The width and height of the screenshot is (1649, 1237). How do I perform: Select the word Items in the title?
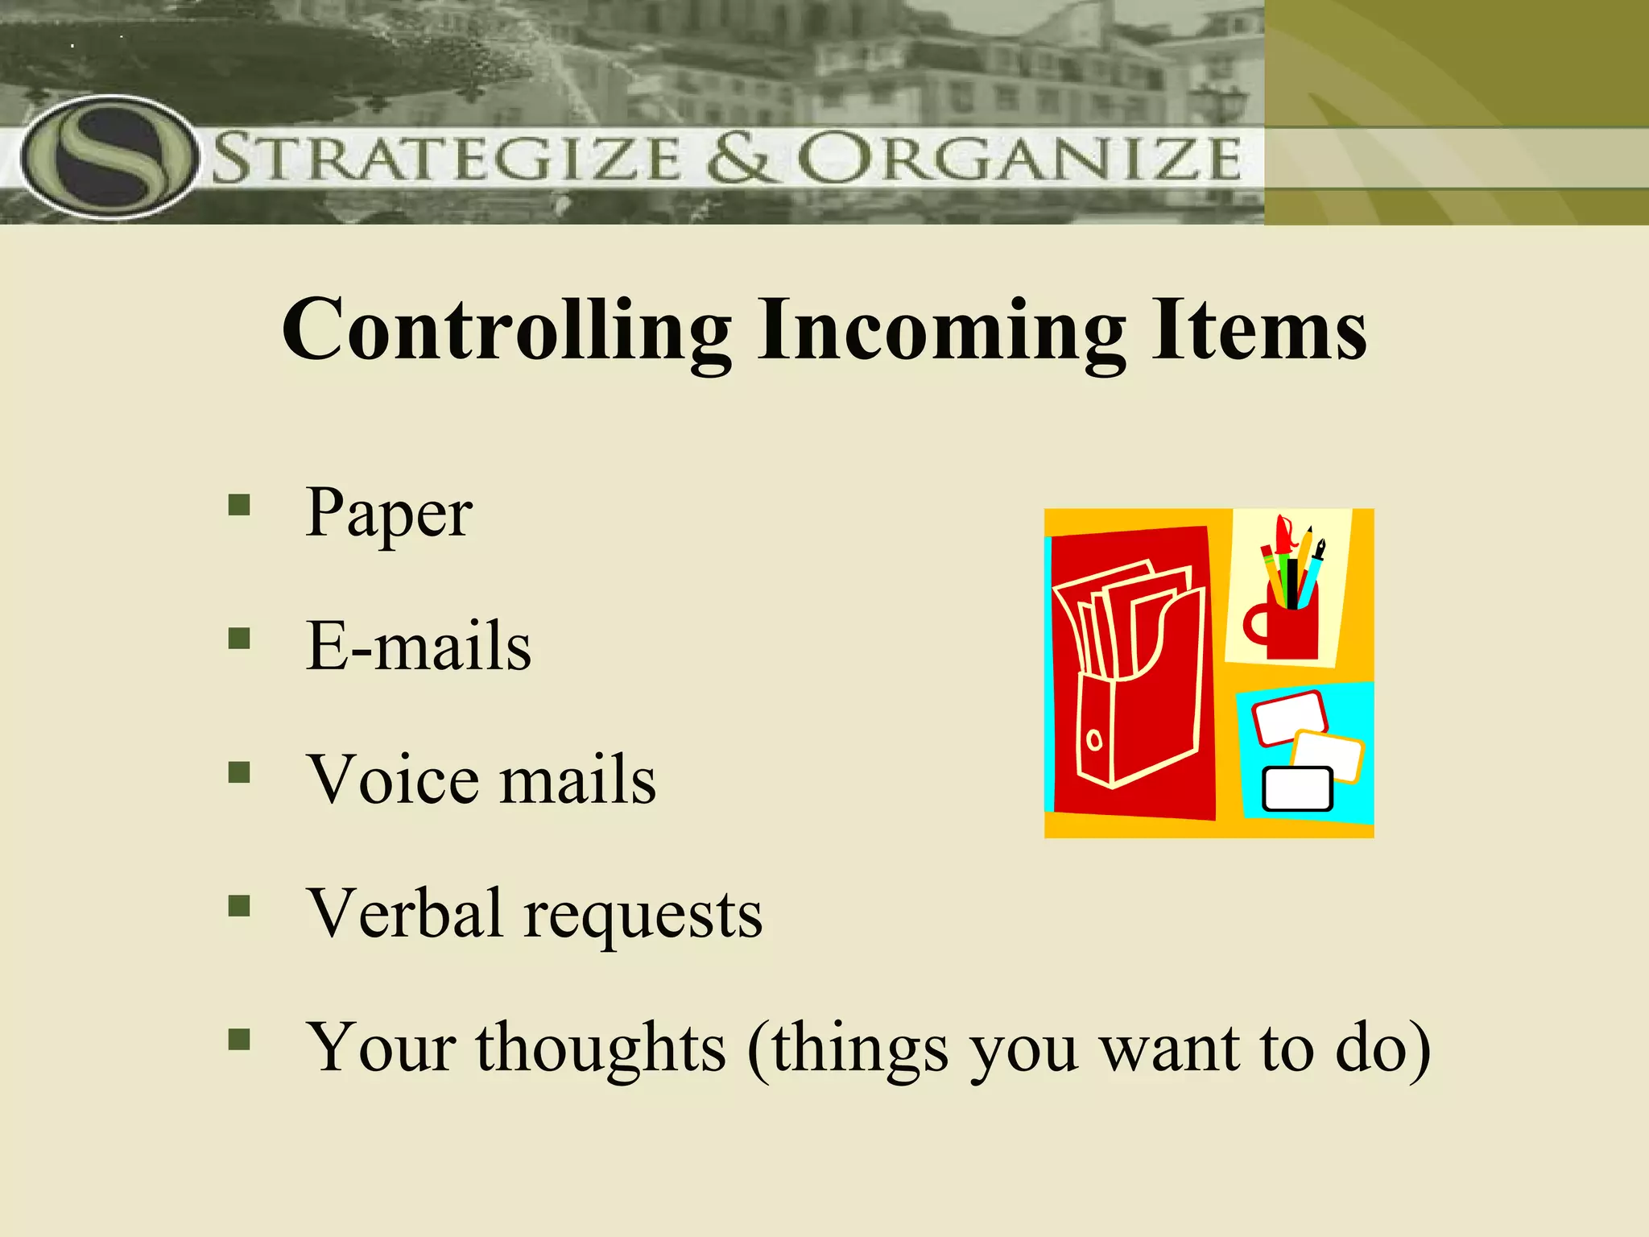click(1258, 330)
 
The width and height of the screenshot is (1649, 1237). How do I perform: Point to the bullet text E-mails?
click(419, 646)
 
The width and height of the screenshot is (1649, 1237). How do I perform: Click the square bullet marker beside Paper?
click(239, 505)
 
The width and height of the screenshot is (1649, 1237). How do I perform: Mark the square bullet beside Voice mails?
click(239, 772)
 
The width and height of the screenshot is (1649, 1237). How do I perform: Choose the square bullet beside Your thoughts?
click(239, 1040)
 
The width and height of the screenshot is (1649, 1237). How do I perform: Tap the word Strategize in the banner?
click(447, 158)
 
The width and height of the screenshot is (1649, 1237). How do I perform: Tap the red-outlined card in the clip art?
click(1287, 717)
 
